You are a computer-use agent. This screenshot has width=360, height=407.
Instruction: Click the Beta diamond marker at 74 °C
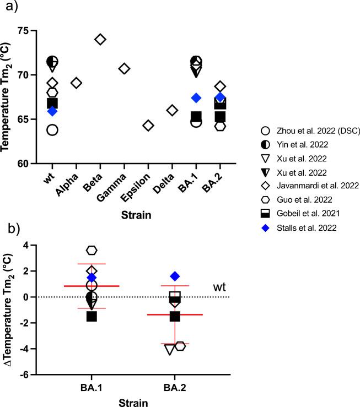(x=100, y=39)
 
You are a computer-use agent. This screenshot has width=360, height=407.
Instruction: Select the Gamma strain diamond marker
(x=124, y=69)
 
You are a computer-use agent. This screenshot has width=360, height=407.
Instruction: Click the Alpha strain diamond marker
(x=77, y=83)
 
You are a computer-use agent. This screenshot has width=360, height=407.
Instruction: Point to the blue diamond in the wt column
(x=52, y=111)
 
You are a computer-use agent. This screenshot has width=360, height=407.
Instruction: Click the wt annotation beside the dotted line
(x=219, y=287)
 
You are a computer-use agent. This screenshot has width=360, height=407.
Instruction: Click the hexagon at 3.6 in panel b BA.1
(x=92, y=251)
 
